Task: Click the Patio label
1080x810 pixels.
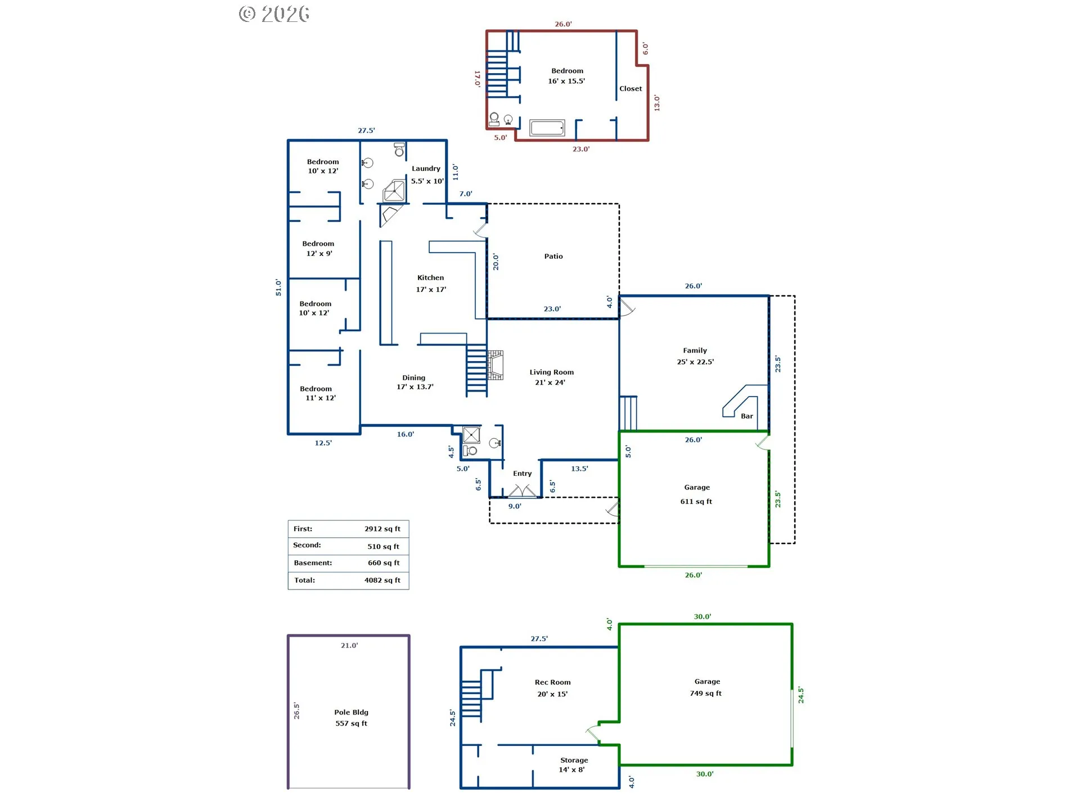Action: coord(553,256)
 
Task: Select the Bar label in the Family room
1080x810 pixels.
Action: coord(746,416)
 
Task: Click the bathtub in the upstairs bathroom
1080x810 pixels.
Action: coord(547,128)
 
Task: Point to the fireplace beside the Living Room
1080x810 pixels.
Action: coord(496,365)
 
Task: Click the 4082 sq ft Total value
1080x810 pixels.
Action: coord(382,580)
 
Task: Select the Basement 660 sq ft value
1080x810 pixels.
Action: coord(384,563)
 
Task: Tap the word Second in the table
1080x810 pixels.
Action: coord(307,545)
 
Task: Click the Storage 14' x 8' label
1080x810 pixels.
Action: coord(573,765)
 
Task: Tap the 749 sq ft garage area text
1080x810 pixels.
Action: coord(705,694)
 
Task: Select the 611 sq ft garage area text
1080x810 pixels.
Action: coord(696,502)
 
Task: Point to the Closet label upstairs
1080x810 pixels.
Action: coord(631,89)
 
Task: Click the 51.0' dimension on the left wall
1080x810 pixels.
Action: coord(278,287)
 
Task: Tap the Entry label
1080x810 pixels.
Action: coord(522,474)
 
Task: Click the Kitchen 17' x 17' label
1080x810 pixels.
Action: coord(431,283)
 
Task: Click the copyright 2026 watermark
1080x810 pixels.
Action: coord(274,14)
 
